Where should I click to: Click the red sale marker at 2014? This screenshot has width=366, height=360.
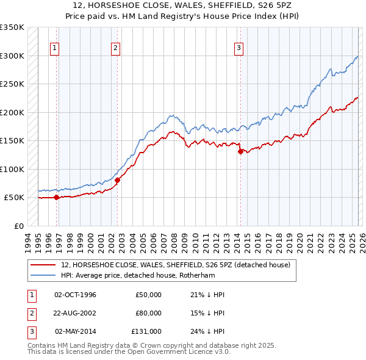[240, 152]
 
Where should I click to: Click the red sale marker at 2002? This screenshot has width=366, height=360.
[118, 180]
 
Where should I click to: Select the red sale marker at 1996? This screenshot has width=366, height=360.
[56, 197]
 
